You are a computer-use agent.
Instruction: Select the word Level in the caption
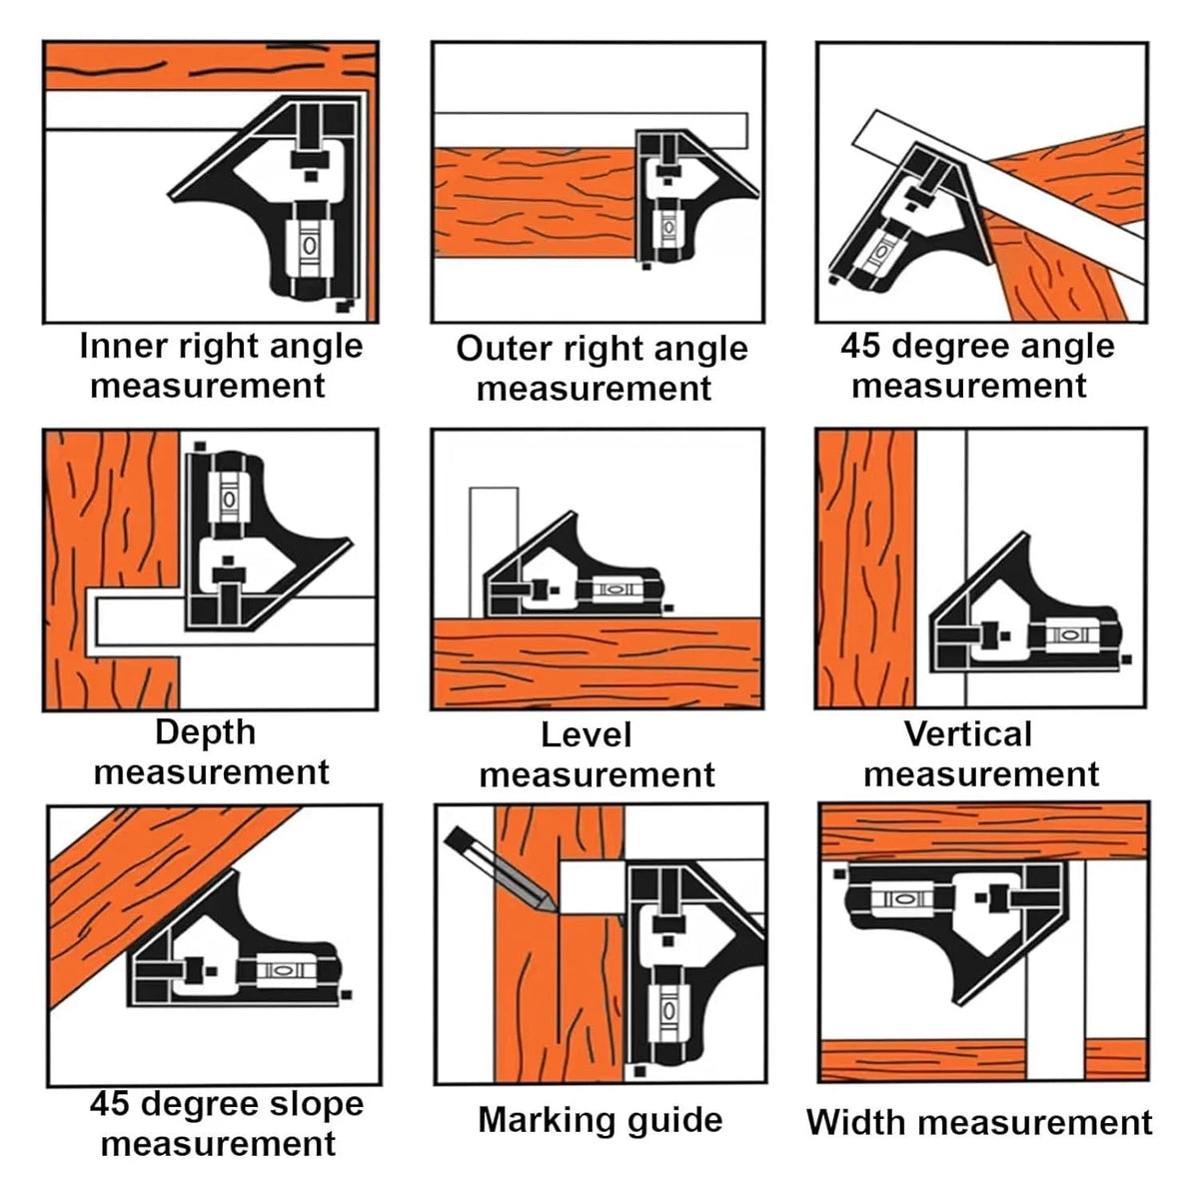(587, 734)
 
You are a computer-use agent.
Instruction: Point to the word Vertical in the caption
(968, 734)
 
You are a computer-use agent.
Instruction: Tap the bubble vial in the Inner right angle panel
(309, 247)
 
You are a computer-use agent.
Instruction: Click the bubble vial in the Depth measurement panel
(229, 499)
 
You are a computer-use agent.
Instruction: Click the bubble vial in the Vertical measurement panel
(1068, 634)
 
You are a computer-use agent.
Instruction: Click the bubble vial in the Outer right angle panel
(667, 228)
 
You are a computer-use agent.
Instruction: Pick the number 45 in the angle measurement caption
(860, 346)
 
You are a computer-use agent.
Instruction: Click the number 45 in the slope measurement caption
(110, 1104)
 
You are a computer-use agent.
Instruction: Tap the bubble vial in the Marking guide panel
(667, 1010)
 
